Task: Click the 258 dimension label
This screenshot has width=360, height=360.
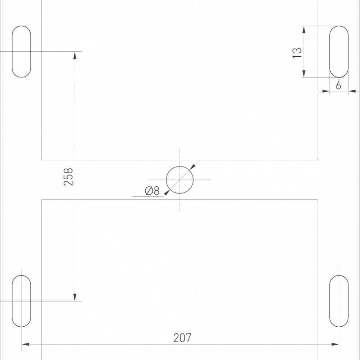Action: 68,176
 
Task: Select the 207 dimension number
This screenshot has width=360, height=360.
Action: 182,338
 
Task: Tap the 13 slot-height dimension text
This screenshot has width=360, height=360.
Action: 297,53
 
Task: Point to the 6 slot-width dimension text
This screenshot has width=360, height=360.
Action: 338,85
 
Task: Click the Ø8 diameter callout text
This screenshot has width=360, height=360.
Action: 152,191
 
